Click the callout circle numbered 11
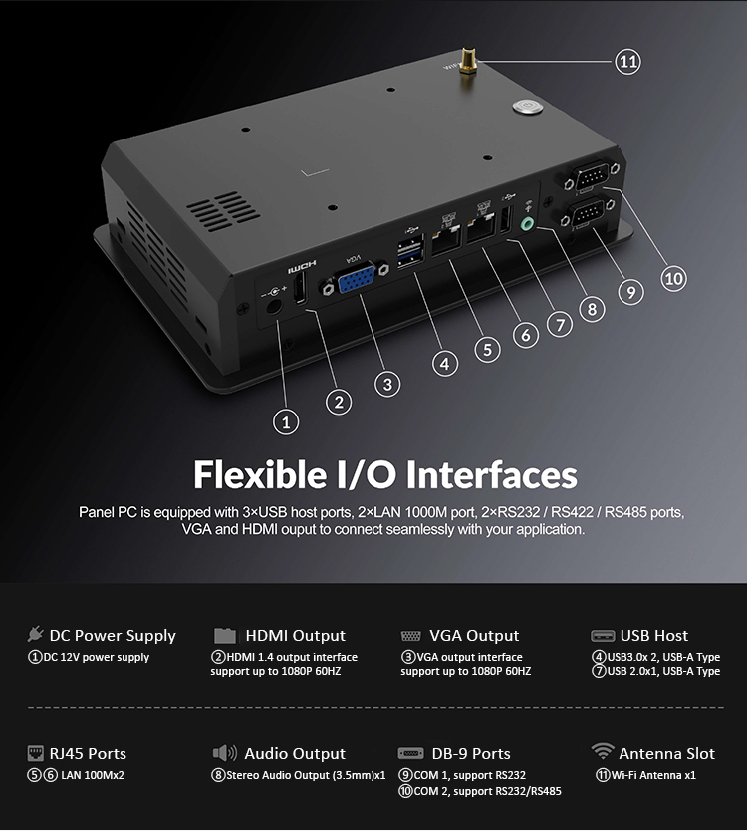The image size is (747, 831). click(627, 62)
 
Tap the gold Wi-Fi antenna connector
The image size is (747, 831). click(467, 62)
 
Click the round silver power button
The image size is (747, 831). click(528, 106)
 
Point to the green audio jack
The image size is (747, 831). click(528, 224)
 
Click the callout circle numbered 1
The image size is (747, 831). click(286, 422)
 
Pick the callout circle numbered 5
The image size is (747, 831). click(487, 350)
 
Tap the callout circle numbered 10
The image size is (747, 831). click(673, 278)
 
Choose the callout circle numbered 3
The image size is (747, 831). click(387, 384)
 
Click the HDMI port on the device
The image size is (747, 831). click(300, 289)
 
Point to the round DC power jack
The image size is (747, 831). click(273, 306)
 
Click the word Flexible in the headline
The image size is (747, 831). click(260, 474)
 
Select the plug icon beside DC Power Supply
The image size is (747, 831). click(35, 634)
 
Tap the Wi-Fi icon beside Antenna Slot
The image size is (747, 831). click(602, 751)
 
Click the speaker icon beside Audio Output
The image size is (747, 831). click(225, 753)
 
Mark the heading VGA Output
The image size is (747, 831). click(474, 635)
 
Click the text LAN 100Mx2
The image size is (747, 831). click(93, 775)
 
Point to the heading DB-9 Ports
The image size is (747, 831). click(471, 753)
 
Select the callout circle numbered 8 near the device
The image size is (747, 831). click(592, 309)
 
